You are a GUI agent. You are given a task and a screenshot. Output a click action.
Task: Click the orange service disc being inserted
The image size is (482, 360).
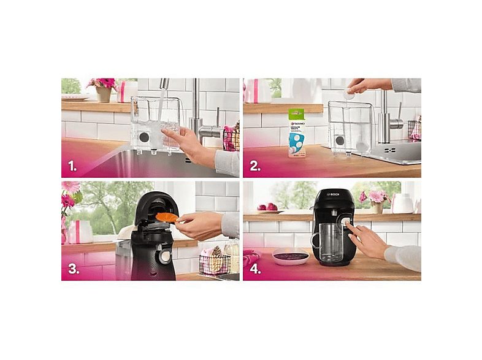click(x=166, y=217)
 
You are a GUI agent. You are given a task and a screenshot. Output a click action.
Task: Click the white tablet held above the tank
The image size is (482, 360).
click(x=349, y=94)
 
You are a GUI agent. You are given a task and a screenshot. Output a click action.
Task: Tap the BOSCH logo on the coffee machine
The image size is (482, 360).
click(x=333, y=194)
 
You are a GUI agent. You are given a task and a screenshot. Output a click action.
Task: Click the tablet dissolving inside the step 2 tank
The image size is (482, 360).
click(x=362, y=146)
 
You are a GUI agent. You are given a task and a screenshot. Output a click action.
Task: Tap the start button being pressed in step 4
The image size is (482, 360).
click(x=346, y=225)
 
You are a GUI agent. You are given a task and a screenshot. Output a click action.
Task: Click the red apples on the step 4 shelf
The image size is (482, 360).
click(x=266, y=207)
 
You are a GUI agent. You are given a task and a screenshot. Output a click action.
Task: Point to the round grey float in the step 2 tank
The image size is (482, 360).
click(x=340, y=140)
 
